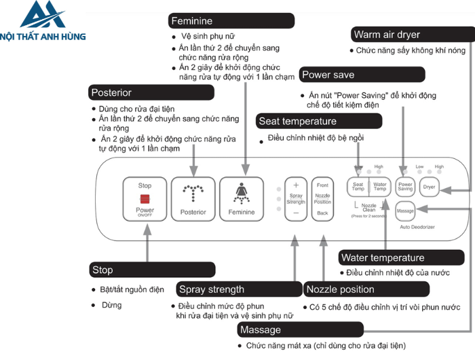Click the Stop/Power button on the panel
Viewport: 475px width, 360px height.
click(145, 198)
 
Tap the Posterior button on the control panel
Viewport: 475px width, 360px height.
click(193, 198)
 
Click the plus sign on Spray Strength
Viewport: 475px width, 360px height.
click(296, 185)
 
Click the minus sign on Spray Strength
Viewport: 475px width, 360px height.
click(296, 213)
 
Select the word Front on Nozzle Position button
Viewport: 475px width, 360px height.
click(322, 185)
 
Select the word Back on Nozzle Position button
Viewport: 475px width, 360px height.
click(322, 213)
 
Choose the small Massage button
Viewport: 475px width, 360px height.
click(406, 211)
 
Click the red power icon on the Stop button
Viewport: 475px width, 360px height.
click(145, 199)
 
